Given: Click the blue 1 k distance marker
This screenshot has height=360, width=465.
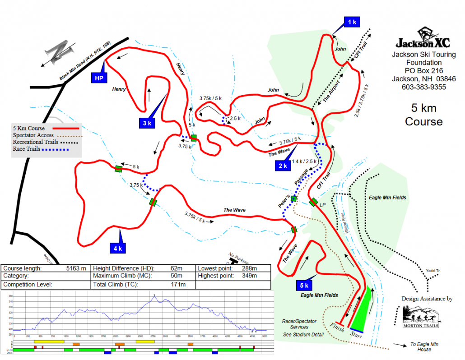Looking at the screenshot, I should [352, 22].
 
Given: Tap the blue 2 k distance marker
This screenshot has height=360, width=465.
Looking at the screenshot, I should [283, 166].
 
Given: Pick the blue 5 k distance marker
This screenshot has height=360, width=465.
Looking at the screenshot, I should [303, 285].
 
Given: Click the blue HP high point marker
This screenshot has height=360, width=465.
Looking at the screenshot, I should [99, 78].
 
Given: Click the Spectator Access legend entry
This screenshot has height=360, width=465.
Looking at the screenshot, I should [33, 135].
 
